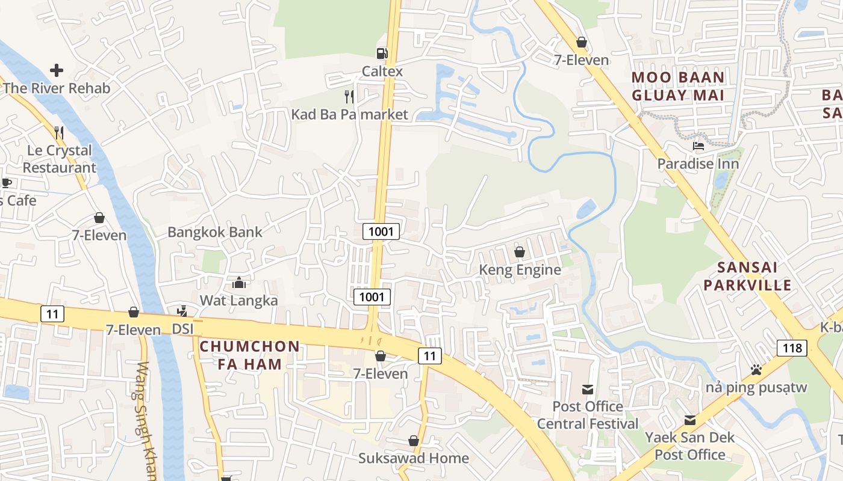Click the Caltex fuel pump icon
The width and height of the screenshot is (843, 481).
tap(382, 54)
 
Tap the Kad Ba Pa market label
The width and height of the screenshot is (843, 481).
tap(349, 114)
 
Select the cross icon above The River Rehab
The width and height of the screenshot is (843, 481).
tap(57, 70)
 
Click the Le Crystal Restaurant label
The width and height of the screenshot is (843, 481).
tap(60, 159)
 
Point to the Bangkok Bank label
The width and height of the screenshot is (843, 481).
tap(215, 232)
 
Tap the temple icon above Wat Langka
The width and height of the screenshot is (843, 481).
tap(239, 283)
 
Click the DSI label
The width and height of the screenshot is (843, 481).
tap(183, 329)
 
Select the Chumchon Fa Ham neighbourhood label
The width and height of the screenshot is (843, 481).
tap(249, 355)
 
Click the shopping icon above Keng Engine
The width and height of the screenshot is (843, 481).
tap(520, 252)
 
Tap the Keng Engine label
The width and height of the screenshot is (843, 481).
tap(520, 270)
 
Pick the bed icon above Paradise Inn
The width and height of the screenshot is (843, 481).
tap(698, 146)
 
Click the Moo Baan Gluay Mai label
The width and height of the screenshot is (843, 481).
tap(678, 86)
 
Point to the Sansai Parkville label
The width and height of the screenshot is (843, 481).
tap(748, 276)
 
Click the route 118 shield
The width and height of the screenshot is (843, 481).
tap(792, 348)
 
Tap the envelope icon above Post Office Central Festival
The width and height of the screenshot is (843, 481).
tap(588, 389)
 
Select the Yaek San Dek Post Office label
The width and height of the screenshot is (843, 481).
tap(690, 446)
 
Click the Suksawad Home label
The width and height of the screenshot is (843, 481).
tap(414, 458)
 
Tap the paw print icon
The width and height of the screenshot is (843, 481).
tap(756, 369)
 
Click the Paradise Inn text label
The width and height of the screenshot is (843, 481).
tap(698, 164)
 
